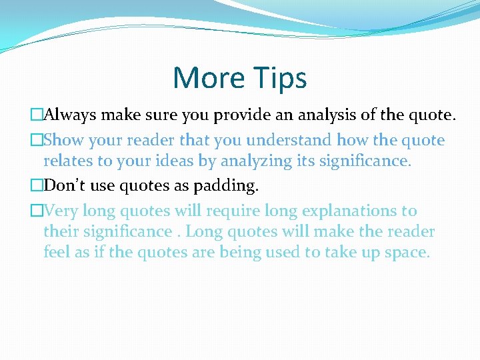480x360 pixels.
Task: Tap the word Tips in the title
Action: [279, 78]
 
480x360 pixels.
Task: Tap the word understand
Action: [288, 140]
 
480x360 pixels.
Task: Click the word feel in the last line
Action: [57, 252]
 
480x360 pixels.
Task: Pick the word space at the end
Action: [408, 253]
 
